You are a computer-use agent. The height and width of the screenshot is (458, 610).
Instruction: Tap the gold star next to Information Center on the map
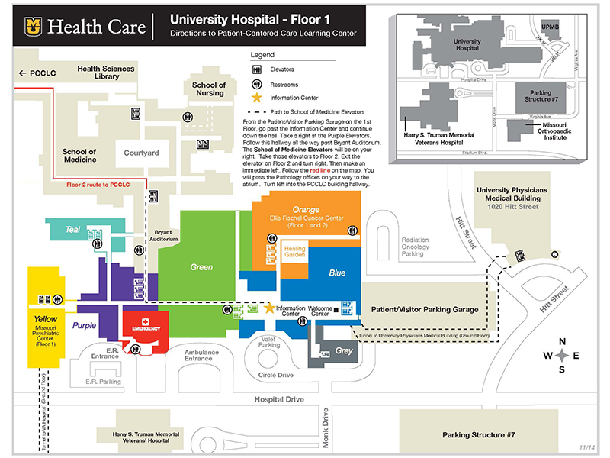(x=268, y=308)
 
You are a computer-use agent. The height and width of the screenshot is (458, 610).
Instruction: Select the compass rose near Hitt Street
(x=561, y=356)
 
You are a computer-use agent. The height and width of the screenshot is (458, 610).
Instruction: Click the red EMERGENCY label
(x=146, y=327)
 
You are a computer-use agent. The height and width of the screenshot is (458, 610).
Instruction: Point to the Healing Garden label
(x=294, y=252)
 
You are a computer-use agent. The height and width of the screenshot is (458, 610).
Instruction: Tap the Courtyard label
(x=142, y=153)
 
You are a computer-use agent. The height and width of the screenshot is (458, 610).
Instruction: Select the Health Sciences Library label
(x=106, y=73)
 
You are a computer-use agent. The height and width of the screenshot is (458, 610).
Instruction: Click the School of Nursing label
(x=208, y=89)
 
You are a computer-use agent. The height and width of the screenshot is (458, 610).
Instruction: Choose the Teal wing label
(x=72, y=229)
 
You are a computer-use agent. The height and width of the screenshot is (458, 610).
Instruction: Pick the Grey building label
(x=344, y=351)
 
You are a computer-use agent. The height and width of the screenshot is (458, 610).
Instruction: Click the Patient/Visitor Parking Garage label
(x=425, y=309)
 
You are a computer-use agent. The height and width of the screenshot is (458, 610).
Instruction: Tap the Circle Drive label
(x=275, y=375)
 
